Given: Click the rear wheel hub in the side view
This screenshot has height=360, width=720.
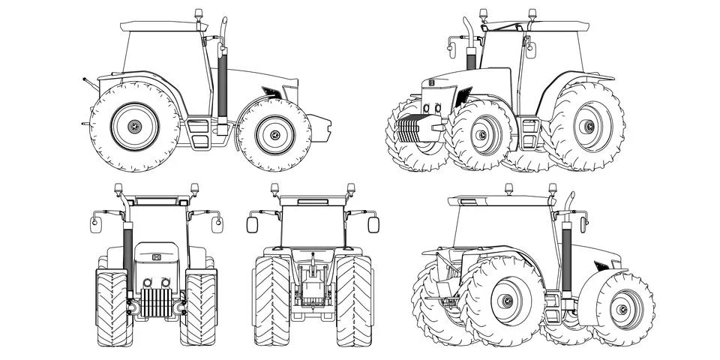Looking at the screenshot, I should coord(135,127).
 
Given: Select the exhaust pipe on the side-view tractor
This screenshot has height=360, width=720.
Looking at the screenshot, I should coord(222,82).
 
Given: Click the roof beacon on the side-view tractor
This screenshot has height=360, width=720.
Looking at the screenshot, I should coord(199,15).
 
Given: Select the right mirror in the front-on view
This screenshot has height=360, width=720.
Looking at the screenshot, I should coord(217,224).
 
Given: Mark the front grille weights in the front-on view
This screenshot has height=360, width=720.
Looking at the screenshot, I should coord(156,301).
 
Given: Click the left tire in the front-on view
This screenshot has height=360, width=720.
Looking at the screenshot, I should coord(113,307).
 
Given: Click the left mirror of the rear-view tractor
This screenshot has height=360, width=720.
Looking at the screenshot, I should coord(252,224).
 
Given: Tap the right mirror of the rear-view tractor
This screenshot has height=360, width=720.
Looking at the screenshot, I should coord(373,224).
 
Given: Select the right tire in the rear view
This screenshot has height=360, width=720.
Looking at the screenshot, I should coord(353,300).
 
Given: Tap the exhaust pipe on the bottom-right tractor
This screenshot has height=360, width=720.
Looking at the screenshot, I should coord(566,251).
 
